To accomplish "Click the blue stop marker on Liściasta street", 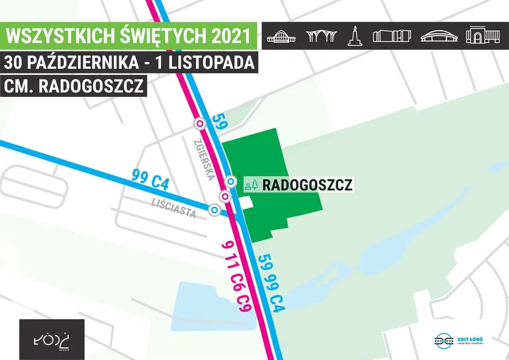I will click(x=214, y=210).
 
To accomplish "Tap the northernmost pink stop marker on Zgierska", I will click(x=200, y=124).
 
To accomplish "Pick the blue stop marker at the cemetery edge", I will click(x=231, y=181).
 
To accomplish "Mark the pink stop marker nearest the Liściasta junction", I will click(x=225, y=197).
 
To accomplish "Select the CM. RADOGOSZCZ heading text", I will click(x=74, y=86).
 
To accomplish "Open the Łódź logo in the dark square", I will click(x=51, y=339).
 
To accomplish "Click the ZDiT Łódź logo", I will click(x=461, y=340).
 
